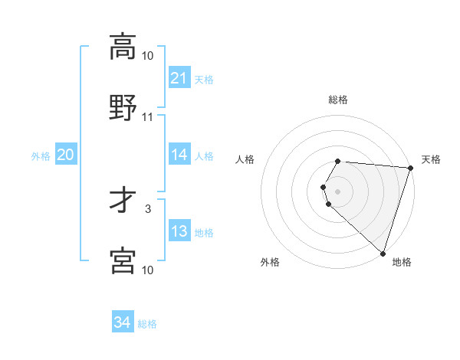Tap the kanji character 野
(123, 107)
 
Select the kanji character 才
(123, 201)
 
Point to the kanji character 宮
(123, 260)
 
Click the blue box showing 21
(179, 78)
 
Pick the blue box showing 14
(179, 155)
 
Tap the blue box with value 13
(179, 231)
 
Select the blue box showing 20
(65, 155)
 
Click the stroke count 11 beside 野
(148, 117)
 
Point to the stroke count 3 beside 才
(148, 208)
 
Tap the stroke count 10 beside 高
(148, 55)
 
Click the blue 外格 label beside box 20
(41, 156)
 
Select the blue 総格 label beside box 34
(147, 324)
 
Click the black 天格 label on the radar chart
(431, 159)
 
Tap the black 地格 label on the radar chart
(402, 262)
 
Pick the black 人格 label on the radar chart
(245, 159)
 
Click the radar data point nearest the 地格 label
(383, 253)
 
